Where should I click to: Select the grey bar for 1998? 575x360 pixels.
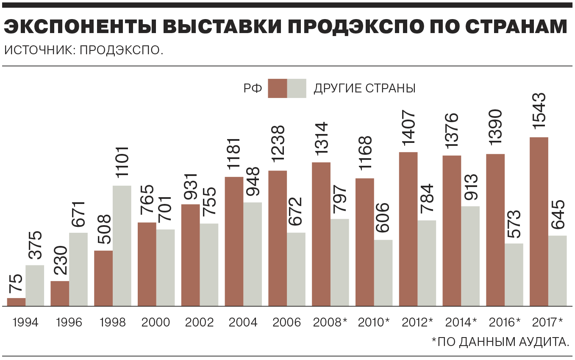pos(122,246)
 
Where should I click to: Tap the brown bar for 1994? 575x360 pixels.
pos(17,302)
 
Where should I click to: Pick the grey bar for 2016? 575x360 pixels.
pos(514,275)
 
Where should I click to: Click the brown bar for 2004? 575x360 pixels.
pos(234,241)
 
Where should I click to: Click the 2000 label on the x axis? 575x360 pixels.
pos(156,323)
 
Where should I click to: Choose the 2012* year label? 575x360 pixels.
pos(417,323)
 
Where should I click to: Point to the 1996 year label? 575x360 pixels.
pos(69,323)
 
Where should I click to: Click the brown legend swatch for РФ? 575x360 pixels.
pos(277,89)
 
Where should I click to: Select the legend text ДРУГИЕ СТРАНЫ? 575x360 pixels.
pos(364,89)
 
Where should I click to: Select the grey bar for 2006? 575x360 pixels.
pos(296,269)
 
